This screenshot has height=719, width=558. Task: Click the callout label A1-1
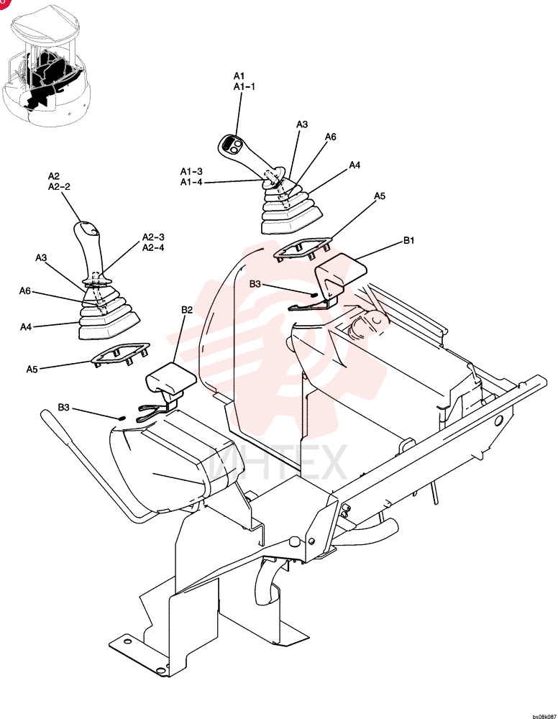pyautogui.click(x=244, y=87)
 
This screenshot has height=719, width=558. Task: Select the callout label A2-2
pyautogui.click(x=59, y=187)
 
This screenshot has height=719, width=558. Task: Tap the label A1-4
pyautogui.click(x=191, y=182)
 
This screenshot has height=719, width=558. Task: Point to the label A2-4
pyautogui.click(x=153, y=247)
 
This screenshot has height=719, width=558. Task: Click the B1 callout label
pyautogui.click(x=408, y=240)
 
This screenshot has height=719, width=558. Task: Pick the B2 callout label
pyautogui.click(x=187, y=310)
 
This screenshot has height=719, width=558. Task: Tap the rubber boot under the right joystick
pyautogui.click(x=290, y=209)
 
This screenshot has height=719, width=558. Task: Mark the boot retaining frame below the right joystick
pyautogui.click(x=302, y=248)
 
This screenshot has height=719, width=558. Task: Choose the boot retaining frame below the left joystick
pyautogui.click(x=121, y=354)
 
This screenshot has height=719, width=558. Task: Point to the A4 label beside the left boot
pyautogui.click(x=26, y=327)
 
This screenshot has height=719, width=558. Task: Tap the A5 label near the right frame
pyautogui.click(x=380, y=196)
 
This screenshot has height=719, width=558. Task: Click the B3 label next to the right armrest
pyautogui.click(x=255, y=284)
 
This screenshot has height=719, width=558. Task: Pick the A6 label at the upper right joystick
pyautogui.click(x=331, y=137)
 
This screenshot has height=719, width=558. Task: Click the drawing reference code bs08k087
pyautogui.click(x=544, y=716)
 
